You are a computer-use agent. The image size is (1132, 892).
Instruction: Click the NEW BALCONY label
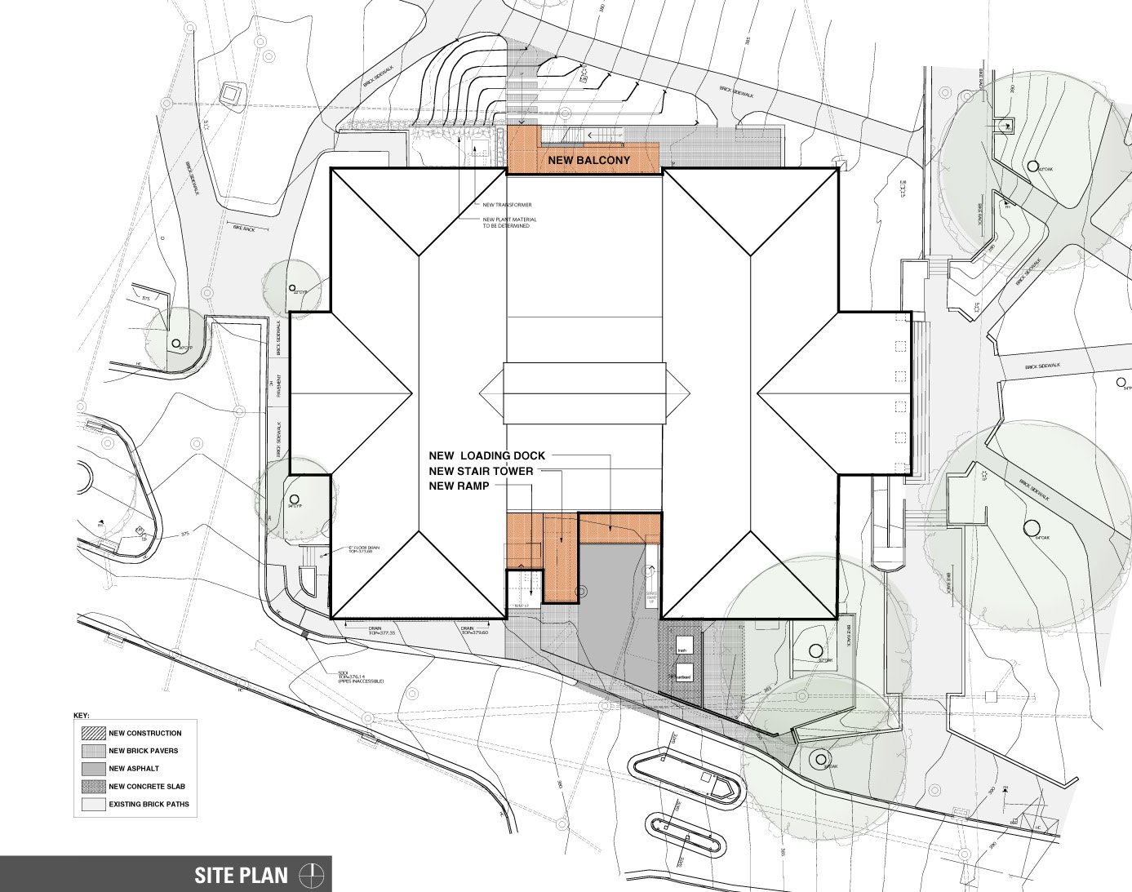point(588,160)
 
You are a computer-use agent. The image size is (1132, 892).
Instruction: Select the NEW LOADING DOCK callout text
point(486,455)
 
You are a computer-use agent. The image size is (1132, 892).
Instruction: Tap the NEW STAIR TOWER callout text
point(481,471)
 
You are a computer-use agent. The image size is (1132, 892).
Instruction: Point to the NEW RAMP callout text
point(459,486)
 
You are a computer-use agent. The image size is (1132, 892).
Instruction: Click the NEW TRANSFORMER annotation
point(507,205)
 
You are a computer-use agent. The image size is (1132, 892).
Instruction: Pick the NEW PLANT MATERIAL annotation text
point(509,223)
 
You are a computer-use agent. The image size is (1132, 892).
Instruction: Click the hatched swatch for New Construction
point(93,733)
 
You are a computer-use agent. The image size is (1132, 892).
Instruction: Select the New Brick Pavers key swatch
point(93,751)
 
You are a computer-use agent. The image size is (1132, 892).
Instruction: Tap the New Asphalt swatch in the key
point(93,769)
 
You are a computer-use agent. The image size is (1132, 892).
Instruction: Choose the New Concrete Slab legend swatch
point(93,787)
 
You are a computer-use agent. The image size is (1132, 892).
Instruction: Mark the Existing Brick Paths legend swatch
point(93,805)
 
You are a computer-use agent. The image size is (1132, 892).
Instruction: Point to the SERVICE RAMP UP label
point(652,575)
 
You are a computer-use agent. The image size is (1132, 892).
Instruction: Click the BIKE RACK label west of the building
point(244,229)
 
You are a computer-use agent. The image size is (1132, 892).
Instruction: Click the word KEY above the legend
point(81,716)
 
